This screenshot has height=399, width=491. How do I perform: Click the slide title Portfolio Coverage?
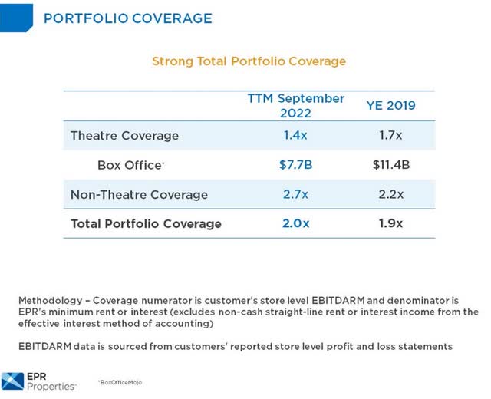(x=127, y=18)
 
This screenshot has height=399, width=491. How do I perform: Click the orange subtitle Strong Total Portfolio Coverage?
(x=249, y=61)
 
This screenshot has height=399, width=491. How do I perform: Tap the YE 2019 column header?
(x=390, y=105)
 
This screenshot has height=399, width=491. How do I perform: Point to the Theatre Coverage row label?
(x=124, y=136)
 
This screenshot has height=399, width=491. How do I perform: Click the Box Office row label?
(x=130, y=165)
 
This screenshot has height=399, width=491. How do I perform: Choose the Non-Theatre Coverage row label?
(x=139, y=194)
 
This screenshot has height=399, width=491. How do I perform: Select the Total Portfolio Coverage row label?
(x=146, y=223)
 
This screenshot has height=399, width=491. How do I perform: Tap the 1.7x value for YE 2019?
(x=390, y=136)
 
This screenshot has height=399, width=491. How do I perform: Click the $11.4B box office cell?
(x=390, y=165)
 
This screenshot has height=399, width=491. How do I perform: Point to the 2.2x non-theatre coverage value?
(x=390, y=194)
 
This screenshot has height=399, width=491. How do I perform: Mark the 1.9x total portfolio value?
(x=390, y=223)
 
